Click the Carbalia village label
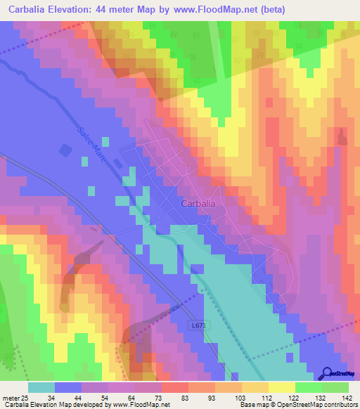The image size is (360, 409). [x=198, y=203]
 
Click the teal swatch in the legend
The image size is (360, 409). [x=41, y=387]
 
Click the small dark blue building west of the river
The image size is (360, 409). [x=65, y=150]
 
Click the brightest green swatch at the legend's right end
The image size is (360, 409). [x=335, y=387]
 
